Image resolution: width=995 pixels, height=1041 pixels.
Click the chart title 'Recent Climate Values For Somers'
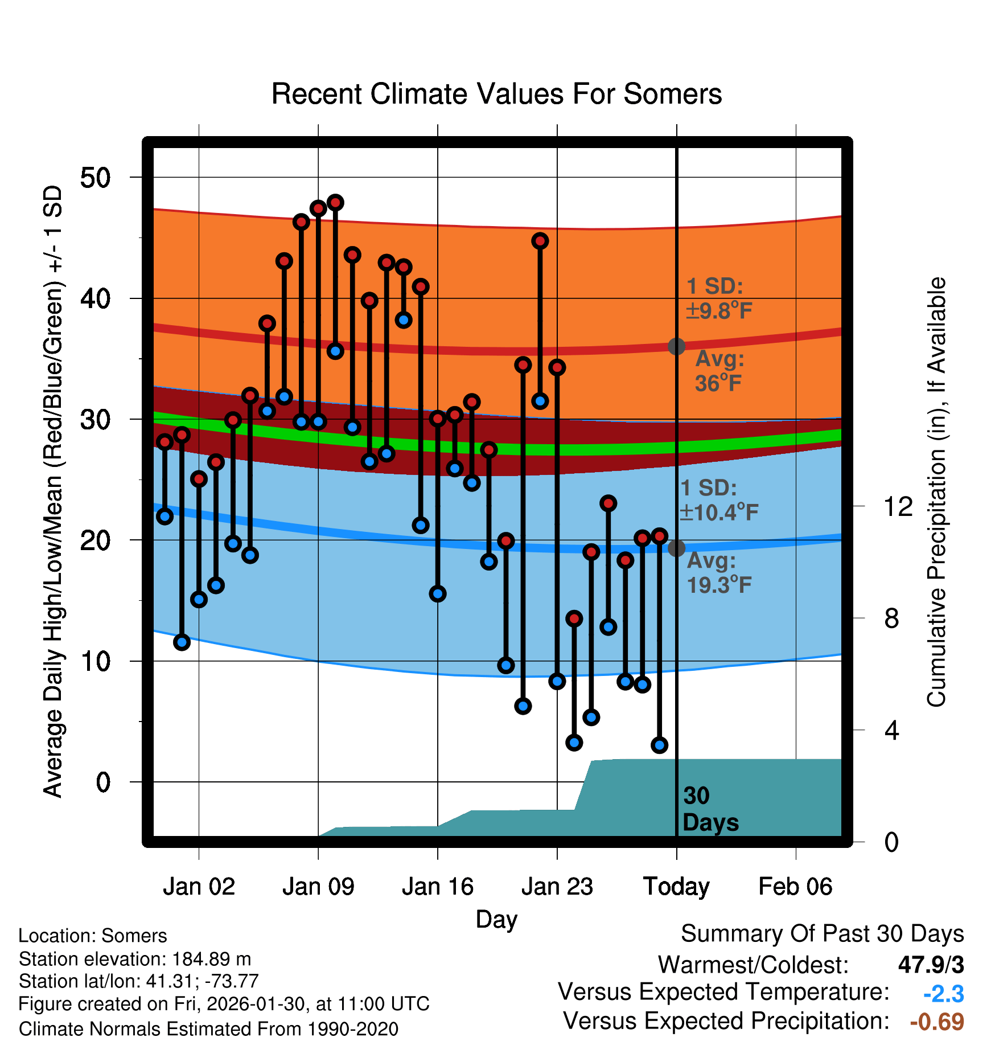point(496,94)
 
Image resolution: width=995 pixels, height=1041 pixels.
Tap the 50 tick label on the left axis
point(95,178)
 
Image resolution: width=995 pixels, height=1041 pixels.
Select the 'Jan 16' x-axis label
point(437,887)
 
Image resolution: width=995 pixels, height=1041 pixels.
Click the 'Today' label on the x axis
point(676,887)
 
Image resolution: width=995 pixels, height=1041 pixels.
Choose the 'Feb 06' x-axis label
point(795,887)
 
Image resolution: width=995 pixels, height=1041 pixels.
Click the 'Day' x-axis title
point(496,919)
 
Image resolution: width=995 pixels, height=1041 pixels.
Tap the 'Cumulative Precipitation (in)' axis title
point(936,492)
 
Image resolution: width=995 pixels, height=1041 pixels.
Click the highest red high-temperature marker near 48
point(335,203)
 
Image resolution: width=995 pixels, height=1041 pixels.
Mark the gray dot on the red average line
point(676,346)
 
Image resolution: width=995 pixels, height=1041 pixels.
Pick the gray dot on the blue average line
point(676,548)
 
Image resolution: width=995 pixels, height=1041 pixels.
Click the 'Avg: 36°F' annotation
point(719,371)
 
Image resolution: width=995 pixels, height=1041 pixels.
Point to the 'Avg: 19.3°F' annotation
point(719,573)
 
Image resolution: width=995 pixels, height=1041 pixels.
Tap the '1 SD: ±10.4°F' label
point(718,501)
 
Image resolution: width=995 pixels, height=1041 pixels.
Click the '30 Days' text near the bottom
point(710,809)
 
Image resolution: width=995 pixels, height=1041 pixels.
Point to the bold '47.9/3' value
point(931,965)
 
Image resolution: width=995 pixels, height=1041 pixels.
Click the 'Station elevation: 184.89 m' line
point(135,959)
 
